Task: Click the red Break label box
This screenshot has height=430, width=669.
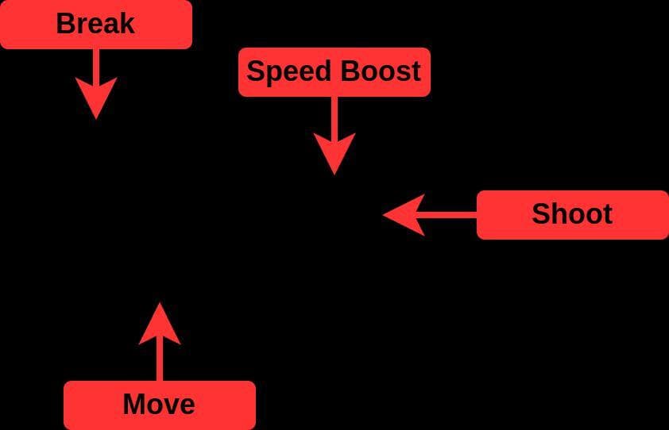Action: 96,25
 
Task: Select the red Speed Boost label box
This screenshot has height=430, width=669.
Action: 334,72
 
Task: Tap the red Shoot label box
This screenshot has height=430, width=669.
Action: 573,215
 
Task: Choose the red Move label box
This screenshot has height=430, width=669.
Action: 160,405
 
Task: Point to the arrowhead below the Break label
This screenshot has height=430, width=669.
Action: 96,95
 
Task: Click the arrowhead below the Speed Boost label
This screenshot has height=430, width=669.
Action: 334,152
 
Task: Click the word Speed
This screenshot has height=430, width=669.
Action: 289,71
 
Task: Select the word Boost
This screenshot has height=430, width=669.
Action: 381,71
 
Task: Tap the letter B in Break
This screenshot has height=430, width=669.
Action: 65,24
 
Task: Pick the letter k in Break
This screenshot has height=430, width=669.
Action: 126,24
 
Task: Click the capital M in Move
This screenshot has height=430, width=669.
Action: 134,404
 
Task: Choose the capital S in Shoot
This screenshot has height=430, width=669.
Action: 540,214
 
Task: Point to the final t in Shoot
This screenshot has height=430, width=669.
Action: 608,215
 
